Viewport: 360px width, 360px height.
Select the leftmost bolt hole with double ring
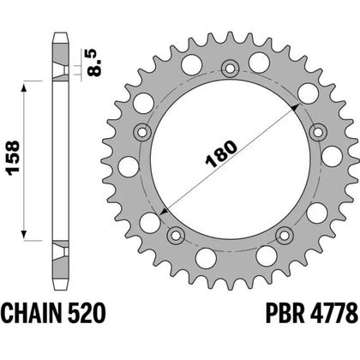pos(142,132)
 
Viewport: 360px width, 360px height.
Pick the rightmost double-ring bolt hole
pos(318,132)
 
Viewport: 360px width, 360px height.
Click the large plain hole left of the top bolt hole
pos(193,63)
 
